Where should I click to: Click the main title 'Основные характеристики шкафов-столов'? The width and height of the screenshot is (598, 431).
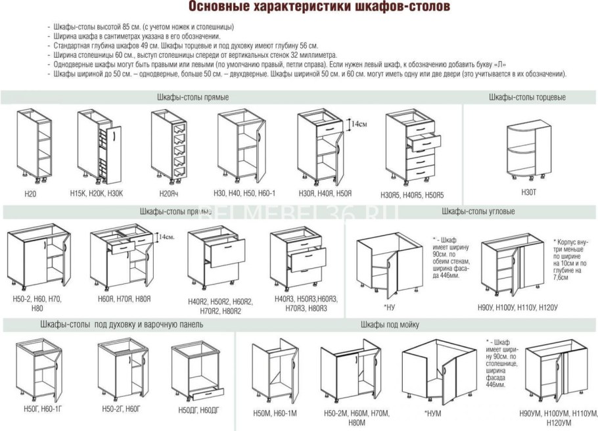click(x=320, y=7)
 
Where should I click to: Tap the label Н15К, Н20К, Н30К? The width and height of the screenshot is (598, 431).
click(x=97, y=193)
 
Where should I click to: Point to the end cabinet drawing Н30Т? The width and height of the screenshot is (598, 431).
click(x=529, y=152)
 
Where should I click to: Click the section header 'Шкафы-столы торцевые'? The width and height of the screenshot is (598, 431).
click(x=527, y=97)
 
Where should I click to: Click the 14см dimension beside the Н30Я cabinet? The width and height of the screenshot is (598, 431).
click(x=357, y=123)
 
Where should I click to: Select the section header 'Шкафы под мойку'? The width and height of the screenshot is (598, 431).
click(x=390, y=325)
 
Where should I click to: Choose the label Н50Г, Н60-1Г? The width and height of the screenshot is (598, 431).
click(x=41, y=409)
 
